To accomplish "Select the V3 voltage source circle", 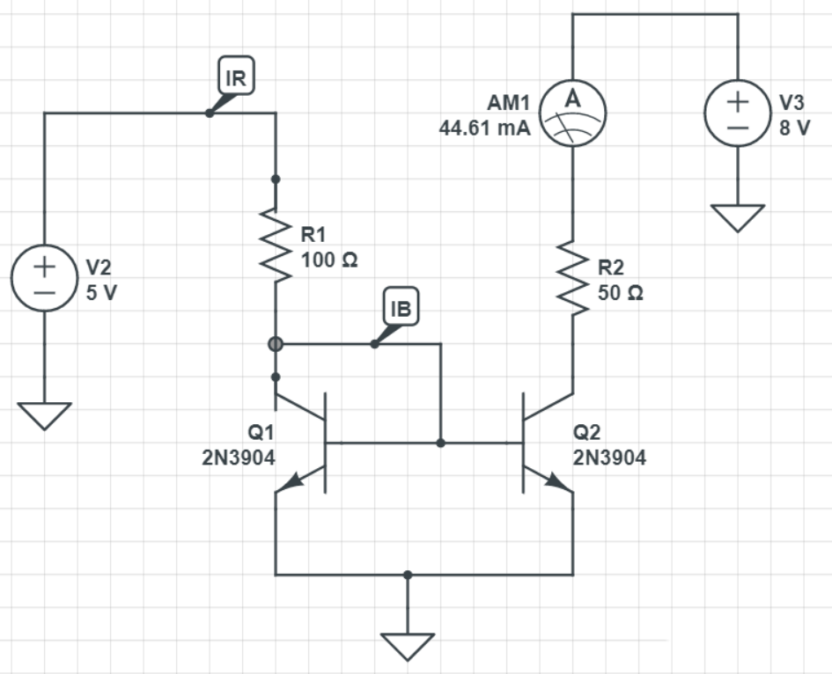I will [x=737, y=114].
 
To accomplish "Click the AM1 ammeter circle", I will [x=572, y=114].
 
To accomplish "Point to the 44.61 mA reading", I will [x=484, y=128].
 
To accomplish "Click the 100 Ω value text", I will [x=329, y=260].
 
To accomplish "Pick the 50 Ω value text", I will [x=621, y=294].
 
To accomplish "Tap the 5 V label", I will [x=101, y=293].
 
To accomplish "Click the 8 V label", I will [x=795, y=128].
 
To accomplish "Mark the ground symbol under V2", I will [x=44, y=415].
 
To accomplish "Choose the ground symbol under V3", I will [x=737, y=216].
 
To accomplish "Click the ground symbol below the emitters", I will [x=407, y=646].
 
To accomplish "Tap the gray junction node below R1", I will [x=276, y=344].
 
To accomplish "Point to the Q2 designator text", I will [x=585, y=433].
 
